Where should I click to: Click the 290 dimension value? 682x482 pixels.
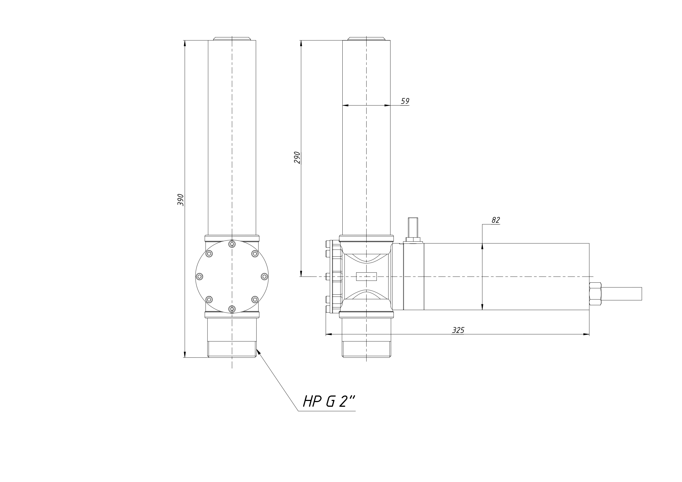coord(297,158)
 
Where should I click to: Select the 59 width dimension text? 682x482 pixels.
coord(405,101)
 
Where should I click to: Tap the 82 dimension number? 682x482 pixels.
coord(496,220)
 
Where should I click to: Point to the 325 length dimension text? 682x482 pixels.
coord(458,330)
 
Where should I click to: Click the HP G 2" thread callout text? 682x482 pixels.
coord(329,402)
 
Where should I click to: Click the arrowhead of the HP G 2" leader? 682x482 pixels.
coord(258,352)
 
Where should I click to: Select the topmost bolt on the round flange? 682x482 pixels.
coord(232,244)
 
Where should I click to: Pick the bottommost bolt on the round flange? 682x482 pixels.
coord(232,309)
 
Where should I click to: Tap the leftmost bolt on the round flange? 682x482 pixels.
coord(199,277)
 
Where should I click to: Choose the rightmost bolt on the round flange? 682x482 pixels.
coord(264,277)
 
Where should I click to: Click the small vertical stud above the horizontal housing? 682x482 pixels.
coord(413,227)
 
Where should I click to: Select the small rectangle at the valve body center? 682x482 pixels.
coord(366,277)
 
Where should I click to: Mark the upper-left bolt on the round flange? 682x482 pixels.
coord(209,253)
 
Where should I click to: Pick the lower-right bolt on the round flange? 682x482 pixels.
coord(255,299)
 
